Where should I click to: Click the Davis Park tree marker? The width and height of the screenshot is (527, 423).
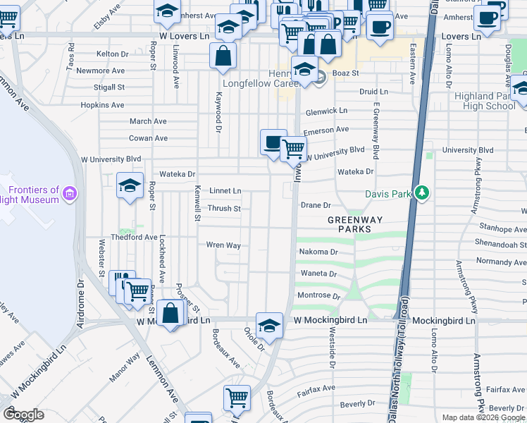tap(421, 192)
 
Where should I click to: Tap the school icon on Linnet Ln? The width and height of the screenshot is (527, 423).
tap(130, 185)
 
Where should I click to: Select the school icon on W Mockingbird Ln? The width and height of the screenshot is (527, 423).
tap(268, 325)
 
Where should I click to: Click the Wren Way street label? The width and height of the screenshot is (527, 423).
tap(223, 245)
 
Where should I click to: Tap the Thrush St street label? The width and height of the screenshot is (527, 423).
tap(224, 209)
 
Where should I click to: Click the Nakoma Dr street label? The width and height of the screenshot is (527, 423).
tap(319, 252)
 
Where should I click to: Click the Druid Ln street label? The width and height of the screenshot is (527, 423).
tap(373, 92)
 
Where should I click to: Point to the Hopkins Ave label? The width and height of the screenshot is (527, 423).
tap(102, 105)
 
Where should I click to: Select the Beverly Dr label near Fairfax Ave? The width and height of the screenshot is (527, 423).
tap(357, 404)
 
